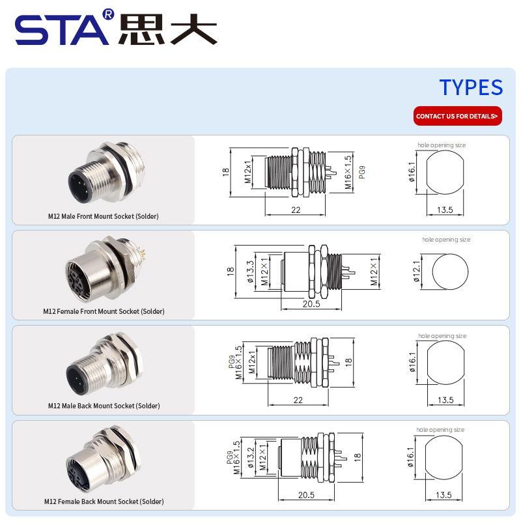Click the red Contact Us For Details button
click(x=458, y=116)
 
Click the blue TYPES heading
click(x=471, y=87)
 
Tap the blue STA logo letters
click(x=62, y=30)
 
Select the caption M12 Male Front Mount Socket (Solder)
click(x=104, y=216)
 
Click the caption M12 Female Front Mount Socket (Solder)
click(x=104, y=311)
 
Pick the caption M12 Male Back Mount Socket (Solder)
click(x=104, y=406)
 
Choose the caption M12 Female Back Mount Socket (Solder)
click(x=104, y=501)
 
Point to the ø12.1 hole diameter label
click(x=417, y=272)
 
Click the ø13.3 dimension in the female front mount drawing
click(x=250, y=272)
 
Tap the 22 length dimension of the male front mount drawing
click(x=296, y=210)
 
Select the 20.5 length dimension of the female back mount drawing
click(x=306, y=495)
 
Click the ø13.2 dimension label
click(x=251, y=457)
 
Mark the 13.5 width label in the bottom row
click(x=444, y=495)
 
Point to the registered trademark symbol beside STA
click(x=108, y=14)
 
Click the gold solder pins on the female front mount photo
click(x=143, y=254)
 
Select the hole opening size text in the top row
click(x=442, y=145)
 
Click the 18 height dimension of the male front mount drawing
click(x=226, y=172)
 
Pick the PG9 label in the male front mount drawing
click(x=362, y=172)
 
